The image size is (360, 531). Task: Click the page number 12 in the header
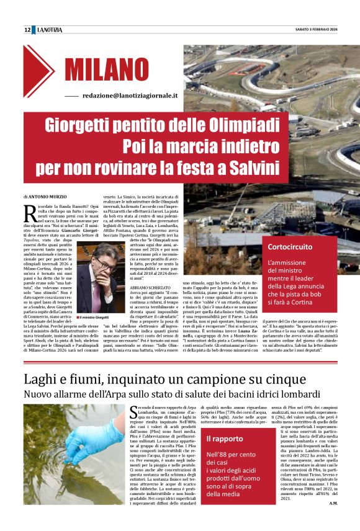click(x=27, y=30)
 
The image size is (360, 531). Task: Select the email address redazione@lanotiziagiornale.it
click(x=130, y=96)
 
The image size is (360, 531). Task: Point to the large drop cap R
click(x=30, y=212)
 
